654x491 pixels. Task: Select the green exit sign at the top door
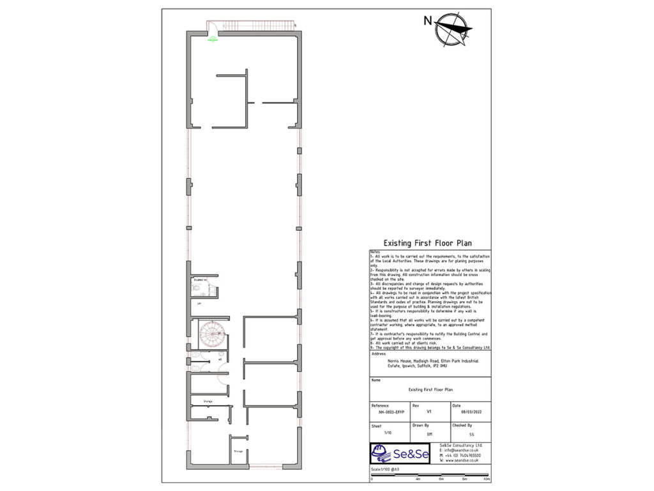coord(213,40)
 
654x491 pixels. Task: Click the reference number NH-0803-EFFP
coord(391,413)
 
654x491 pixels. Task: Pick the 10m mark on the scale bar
coord(487,479)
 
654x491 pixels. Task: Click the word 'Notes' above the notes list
coord(375,252)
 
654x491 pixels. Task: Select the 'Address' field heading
coord(379,353)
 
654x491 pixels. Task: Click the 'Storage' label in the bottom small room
coord(238,451)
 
